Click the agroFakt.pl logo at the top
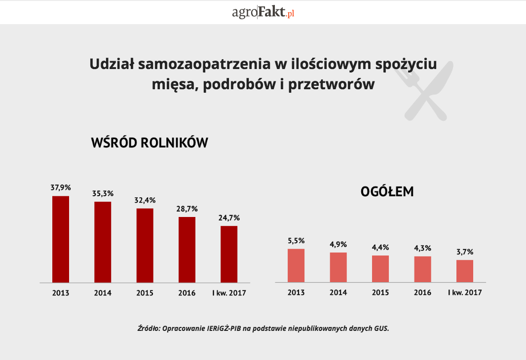tap(263, 12)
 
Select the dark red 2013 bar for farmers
tap(61, 239)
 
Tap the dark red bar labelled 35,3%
tap(103, 242)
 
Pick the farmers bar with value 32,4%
tap(145, 245)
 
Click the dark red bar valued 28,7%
tap(187, 250)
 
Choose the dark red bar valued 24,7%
tap(229, 254)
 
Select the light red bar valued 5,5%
tap(296, 265)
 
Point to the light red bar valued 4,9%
tap(338, 267)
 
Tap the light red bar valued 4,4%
tap(380, 269)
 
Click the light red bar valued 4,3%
tap(422, 269)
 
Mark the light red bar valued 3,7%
tap(465, 271)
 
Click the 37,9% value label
tap(61, 187)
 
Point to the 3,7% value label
tap(465, 252)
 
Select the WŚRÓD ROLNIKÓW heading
tap(150, 143)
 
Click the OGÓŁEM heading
tap(387, 192)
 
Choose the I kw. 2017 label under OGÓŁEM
tap(465, 292)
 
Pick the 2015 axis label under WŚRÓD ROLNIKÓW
tap(145, 293)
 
